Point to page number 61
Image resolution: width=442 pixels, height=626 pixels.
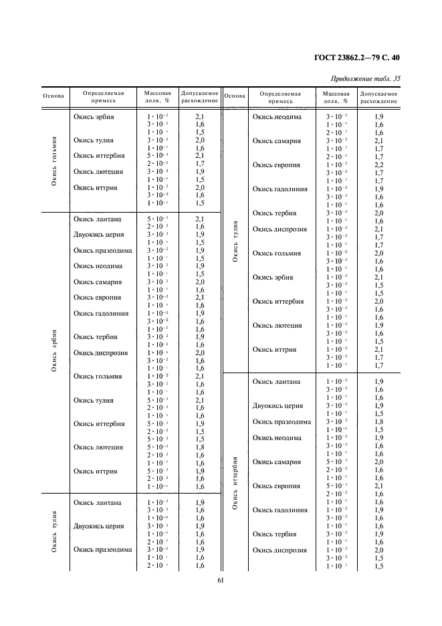click(x=221, y=581)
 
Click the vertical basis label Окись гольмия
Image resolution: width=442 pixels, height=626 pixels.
click(x=54, y=161)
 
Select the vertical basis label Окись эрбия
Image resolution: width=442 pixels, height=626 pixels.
click(x=54, y=350)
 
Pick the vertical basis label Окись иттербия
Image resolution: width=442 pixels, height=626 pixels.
click(x=235, y=482)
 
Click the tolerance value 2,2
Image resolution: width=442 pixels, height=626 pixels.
click(x=378, y=165)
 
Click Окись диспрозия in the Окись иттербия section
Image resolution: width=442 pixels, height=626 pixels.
click(x=280, y=550)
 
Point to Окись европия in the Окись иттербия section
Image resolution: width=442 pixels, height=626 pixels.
click(x=276, y=486)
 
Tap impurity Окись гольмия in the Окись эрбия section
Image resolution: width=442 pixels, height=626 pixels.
click(x=98, y=377)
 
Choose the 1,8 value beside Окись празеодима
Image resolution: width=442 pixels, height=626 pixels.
click(x=378, y=422)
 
